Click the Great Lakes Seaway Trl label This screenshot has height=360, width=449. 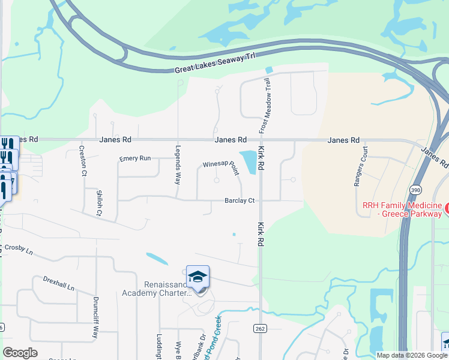pos(215,62)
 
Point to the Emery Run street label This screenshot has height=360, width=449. pos(134,158)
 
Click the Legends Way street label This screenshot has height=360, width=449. pos(178,164)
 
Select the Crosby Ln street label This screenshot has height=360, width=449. pos(20,250)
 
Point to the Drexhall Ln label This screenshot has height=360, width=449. pos(58,283)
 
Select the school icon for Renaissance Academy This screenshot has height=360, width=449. pos(197,277)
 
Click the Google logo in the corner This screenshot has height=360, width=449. pos(20,353)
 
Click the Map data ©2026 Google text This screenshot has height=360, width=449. pos(412,355)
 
